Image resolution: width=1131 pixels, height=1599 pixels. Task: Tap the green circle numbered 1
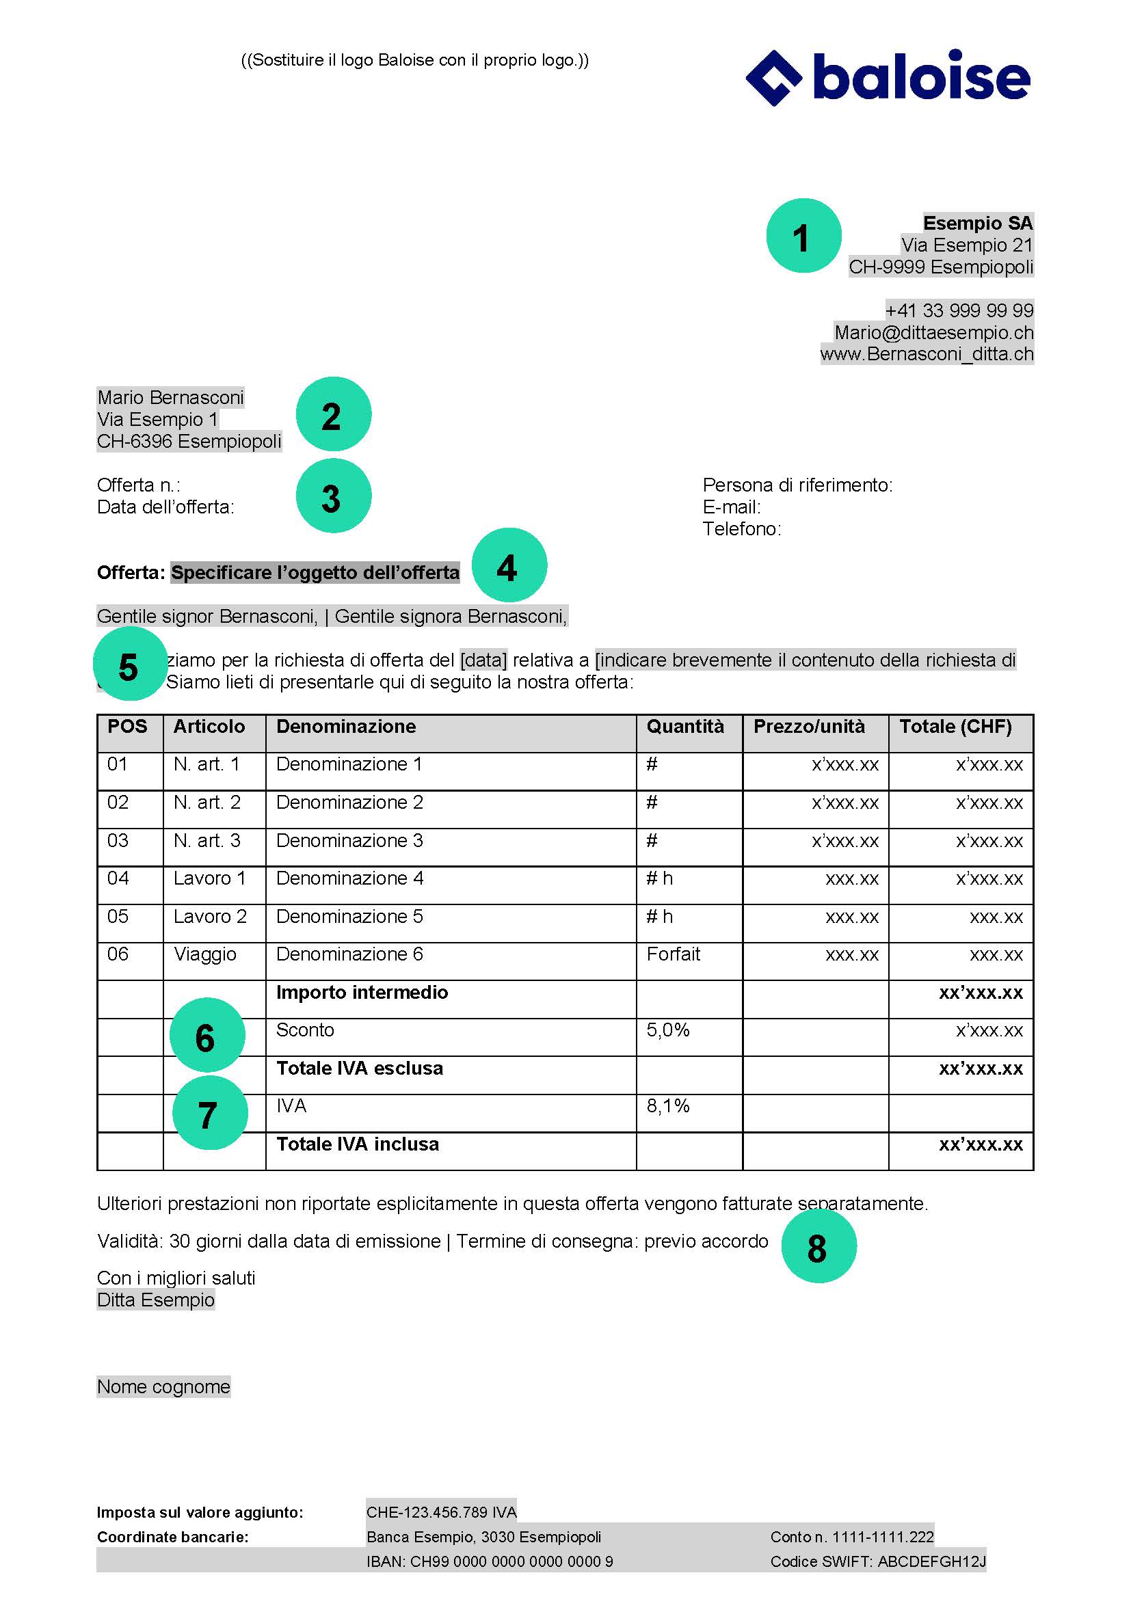click(803, 236)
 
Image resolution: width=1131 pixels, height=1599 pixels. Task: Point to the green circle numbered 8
click(819, 1246)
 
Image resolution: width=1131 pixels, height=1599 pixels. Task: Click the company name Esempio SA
click(977, 223)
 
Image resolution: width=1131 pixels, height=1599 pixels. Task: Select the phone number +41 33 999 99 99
click(959, 310)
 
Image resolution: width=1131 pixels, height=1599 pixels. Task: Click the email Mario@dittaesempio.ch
click(933, 332)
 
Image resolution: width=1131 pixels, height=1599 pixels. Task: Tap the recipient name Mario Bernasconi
click(171, 398)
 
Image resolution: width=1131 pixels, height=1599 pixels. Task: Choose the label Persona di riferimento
click(797, 485)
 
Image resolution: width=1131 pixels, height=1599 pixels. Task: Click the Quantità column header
click(684, 727)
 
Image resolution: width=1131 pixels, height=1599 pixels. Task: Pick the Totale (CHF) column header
click(955, 727)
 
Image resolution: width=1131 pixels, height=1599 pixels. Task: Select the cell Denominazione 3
click(349, 841)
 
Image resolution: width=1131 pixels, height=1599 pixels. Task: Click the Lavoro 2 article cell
click(210, 917)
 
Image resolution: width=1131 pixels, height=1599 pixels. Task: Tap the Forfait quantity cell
click(673, 954)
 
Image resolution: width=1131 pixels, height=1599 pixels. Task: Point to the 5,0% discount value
click(667, 1030)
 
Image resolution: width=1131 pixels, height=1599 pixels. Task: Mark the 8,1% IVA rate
click(667, 1106)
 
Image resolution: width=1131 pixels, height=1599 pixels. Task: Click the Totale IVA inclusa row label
click(357, 1144)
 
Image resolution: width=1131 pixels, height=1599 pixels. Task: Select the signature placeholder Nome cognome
click(163, 1386)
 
